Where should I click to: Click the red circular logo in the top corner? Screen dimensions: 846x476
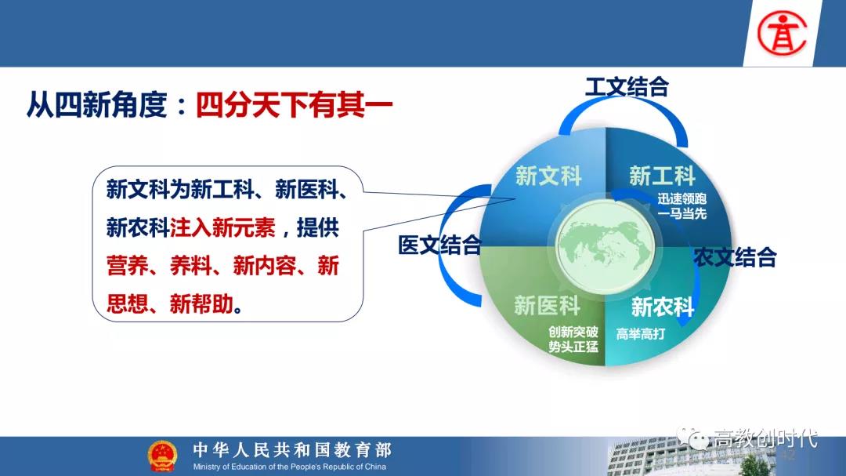[x=782, y=34]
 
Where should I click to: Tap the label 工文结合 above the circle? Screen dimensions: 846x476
[x=627, y=87]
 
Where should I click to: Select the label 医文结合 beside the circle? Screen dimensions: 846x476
[x=439, y=245]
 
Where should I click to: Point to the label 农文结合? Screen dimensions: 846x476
[x=735, y=257]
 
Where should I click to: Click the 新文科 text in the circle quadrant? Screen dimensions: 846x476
[x=548, y=176]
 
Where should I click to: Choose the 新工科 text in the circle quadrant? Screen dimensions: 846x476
[x=662, y=176]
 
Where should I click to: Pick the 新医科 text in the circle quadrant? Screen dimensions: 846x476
[x=547, y=305]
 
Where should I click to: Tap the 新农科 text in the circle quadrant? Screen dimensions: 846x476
[x=663, y=307]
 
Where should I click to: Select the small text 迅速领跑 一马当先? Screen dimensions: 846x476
[x=682, y=206]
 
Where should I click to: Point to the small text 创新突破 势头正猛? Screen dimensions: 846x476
[x=573, y=340]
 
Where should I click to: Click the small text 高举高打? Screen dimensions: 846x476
[x=641, y=334]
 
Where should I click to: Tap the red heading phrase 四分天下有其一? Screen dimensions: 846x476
[x=294, y=104]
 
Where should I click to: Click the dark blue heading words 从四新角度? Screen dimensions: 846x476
[x=97, y=104]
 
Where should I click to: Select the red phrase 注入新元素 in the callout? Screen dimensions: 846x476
[x=222, y=227]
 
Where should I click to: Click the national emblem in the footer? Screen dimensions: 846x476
[x=162, y=456]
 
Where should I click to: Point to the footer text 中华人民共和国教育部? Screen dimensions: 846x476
[x=292, y=449]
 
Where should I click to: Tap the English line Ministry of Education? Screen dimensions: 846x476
[x=290, y=467]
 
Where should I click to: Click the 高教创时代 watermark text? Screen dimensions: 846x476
[x=765, y=438]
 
